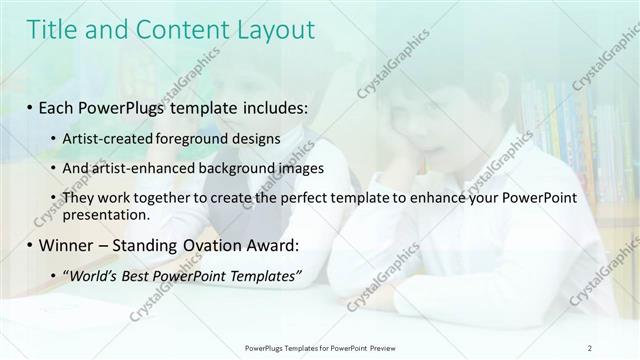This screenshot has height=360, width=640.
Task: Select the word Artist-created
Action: [x=103, y=138]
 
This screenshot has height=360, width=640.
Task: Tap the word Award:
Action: [x=269, y=244]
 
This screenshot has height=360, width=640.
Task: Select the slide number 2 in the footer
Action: [x=590, y=347]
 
